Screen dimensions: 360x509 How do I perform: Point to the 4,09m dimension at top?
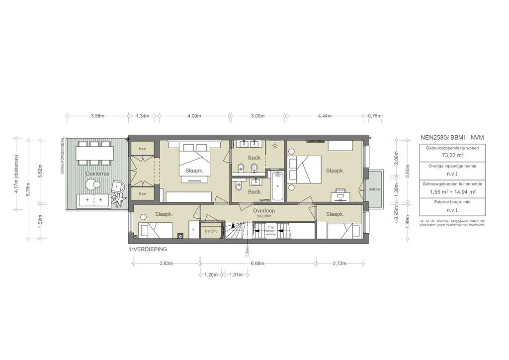[x=194, y=116]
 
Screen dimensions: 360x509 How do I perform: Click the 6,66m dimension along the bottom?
[x=257, y=264]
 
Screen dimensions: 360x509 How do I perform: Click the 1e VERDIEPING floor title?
[x=147, y=248]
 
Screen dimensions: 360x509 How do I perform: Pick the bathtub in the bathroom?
[x=277, y=185]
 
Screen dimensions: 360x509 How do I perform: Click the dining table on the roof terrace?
[x=94, y=153]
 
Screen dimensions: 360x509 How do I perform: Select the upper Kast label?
[x=142, y=149]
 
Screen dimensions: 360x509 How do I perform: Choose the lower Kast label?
[x=142, y=193]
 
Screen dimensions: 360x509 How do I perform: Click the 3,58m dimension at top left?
[x=97, y=116]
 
